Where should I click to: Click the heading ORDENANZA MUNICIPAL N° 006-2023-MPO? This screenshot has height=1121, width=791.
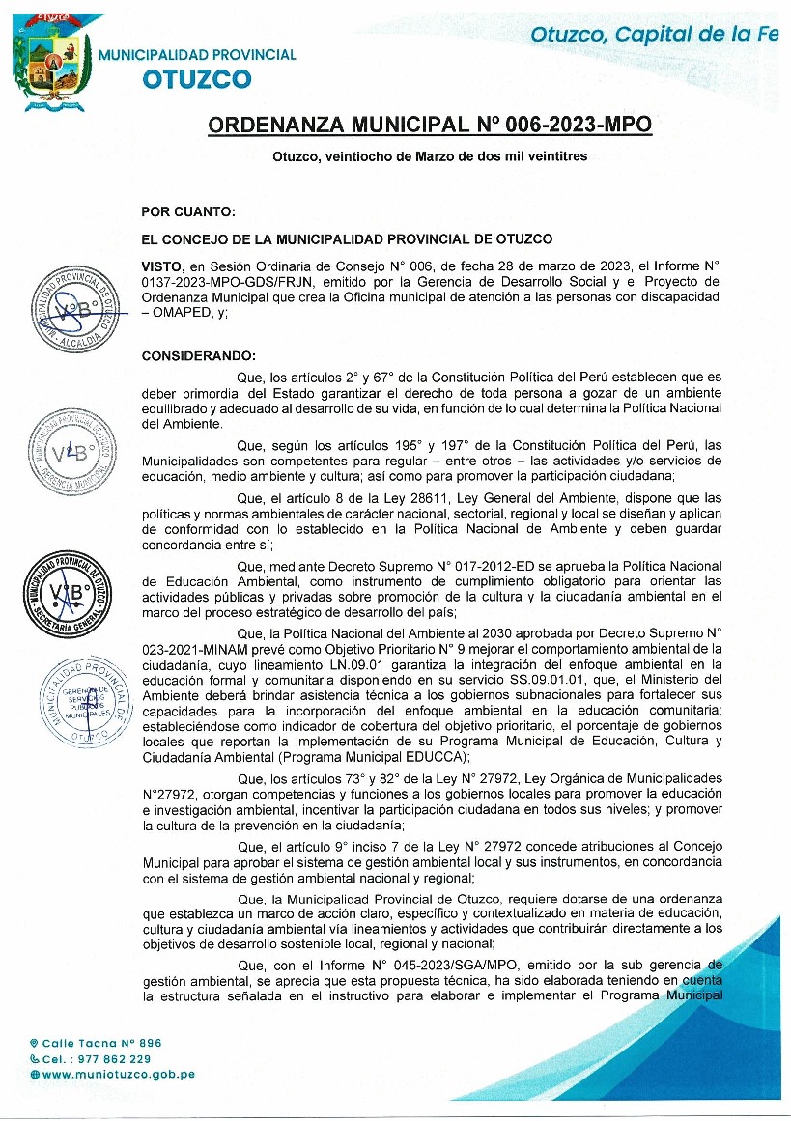(430, 126)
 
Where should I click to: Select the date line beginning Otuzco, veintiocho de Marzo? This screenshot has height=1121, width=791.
(430, 155)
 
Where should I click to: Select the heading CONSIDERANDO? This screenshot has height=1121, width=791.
(200, 356)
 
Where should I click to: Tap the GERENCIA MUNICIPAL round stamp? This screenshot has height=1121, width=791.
(75, 451)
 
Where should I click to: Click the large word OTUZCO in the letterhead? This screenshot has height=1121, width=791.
(197, 79)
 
